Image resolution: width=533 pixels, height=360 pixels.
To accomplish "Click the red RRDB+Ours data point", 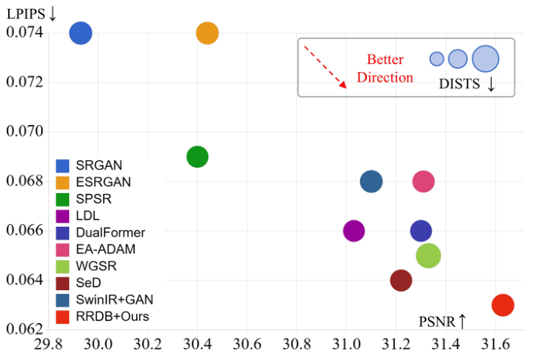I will coord(502,305).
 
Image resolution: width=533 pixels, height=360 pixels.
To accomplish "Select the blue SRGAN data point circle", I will coord(80,33).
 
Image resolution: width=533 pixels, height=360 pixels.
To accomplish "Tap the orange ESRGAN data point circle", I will coord(207,33).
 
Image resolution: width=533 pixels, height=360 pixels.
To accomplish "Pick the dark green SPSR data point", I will coord(197,156).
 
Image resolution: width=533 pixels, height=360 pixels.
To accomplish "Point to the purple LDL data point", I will coord(354,231).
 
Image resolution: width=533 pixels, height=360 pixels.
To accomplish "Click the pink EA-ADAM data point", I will coord(423,181).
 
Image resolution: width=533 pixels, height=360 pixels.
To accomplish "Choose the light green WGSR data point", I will coord(428,256).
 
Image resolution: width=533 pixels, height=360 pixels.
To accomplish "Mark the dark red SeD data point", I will coord(401,280).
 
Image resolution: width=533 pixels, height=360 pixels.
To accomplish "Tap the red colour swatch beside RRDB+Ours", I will coord(63,317).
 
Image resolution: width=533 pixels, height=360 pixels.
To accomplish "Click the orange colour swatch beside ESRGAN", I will coord(63,181).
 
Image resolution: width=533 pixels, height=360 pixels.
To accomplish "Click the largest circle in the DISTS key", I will coord(485,59).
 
